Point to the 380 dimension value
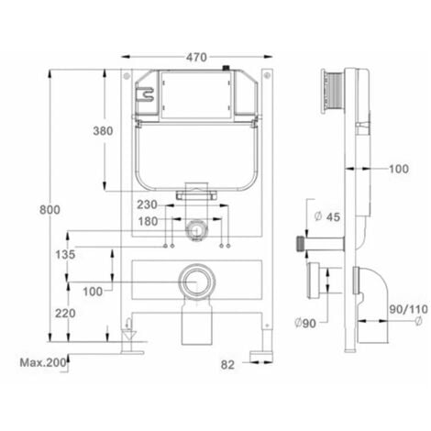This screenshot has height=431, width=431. (103, 131)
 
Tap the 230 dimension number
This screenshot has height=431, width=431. (148, 204)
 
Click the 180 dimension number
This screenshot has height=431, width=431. (148, 221)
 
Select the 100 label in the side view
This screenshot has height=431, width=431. (397, 169)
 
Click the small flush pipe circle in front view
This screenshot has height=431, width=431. (194, 229)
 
